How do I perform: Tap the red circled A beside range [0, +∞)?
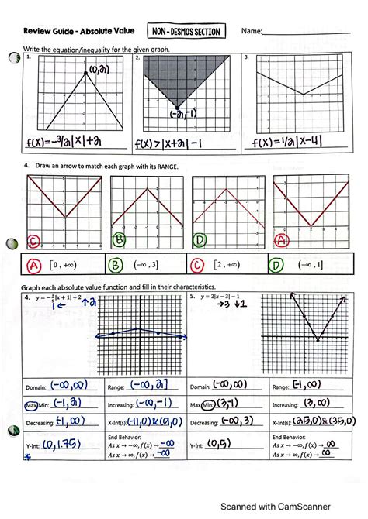click(x=34, y=266)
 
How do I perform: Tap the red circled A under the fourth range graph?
click(x=282, y=240)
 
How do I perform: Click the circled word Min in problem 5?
click(x=211, y=404)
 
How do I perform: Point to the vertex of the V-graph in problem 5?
click(x=318, y=339)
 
